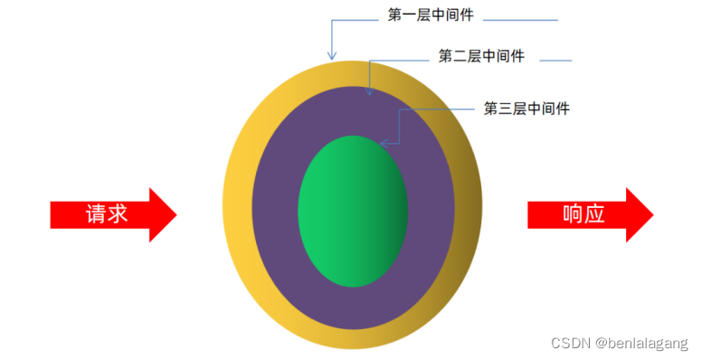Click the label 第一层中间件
pyautogui.click(x=431, y=15)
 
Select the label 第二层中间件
pyautogui.click(x=481, y=57)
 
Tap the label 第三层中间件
pyautogui.click(x=526, y=109)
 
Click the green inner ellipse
pyautogui.click(x=352, y=211)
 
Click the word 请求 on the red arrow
pyautogui.click(x=106, y=214)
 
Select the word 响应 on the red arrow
pyautogui.click(x=583, y=214)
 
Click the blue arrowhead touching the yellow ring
pyautogui.click(x=332, y=56)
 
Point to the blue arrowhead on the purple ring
pyautogui.click(x=369, y=90)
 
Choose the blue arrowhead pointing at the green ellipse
pyautogui.click(x=384, y=142)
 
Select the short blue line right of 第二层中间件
pyautogui.click(x=555, y=61)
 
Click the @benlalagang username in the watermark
pyautogui.click(x=640, y=344)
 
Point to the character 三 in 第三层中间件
pyautogui.click(x=505, y=109)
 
